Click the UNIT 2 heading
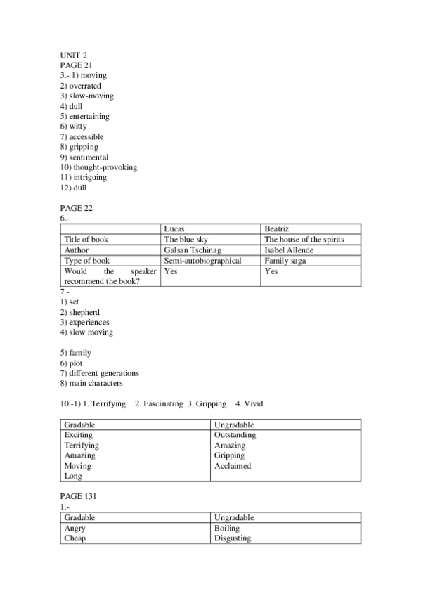click(x=73, y=55)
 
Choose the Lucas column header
click(x=175, y=229)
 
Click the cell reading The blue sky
click(x=186, y=240)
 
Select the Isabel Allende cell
click(x=289, y=250)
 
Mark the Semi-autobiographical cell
click(x=202, y=261)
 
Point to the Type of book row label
click(x=86, y=261)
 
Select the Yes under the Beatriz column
click(x=271, y=271)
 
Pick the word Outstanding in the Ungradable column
click(x=235, y=435)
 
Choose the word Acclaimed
click(x=232, y=466)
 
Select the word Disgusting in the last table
click(x=232, y=538)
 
